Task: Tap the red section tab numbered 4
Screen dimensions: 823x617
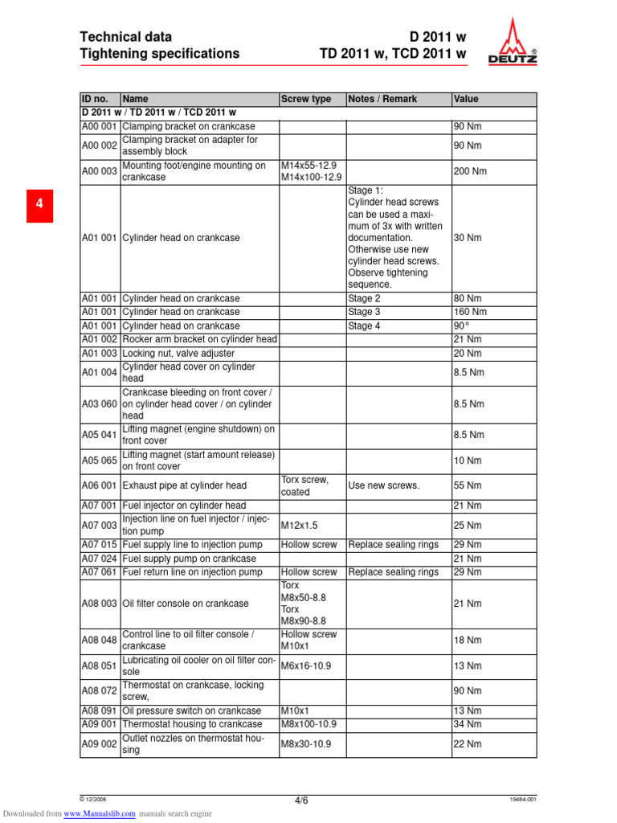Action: point(39,206)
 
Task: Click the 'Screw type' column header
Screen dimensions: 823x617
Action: point(305,99)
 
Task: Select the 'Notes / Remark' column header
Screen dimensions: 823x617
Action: point(382,99)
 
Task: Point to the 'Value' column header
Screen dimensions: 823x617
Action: point(466,99)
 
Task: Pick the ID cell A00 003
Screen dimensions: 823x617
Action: point(100,171)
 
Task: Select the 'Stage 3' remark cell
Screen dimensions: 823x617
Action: point(364,312)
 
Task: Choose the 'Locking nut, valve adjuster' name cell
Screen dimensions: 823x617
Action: point(178,354)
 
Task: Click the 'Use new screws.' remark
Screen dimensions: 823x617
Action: point(384,485)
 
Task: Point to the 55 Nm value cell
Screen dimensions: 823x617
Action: point(468,485)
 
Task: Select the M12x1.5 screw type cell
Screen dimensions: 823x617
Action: point(299,525)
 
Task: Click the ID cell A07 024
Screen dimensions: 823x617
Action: point(100,559)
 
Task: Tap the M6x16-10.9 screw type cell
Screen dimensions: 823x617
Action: point(305,665)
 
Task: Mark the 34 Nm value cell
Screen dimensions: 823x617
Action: point(468,724)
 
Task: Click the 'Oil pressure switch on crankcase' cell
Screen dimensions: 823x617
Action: point(191,711)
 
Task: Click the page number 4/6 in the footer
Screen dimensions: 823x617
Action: point(300,800)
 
